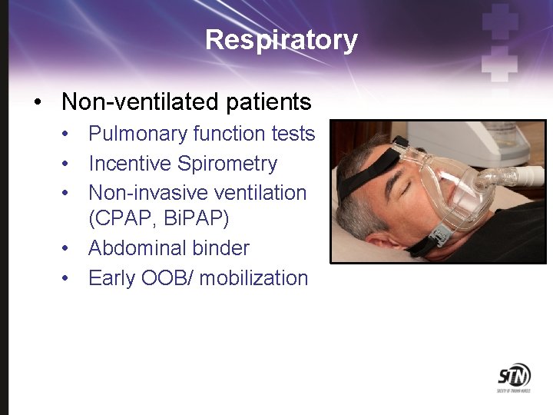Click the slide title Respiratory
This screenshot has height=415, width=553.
coord(281,40)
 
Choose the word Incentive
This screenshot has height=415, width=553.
coord(130,164)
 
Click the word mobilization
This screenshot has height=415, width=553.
coord(253,278)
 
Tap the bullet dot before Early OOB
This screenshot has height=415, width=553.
coord(68,278)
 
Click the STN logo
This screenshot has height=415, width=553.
coord(513,377)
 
